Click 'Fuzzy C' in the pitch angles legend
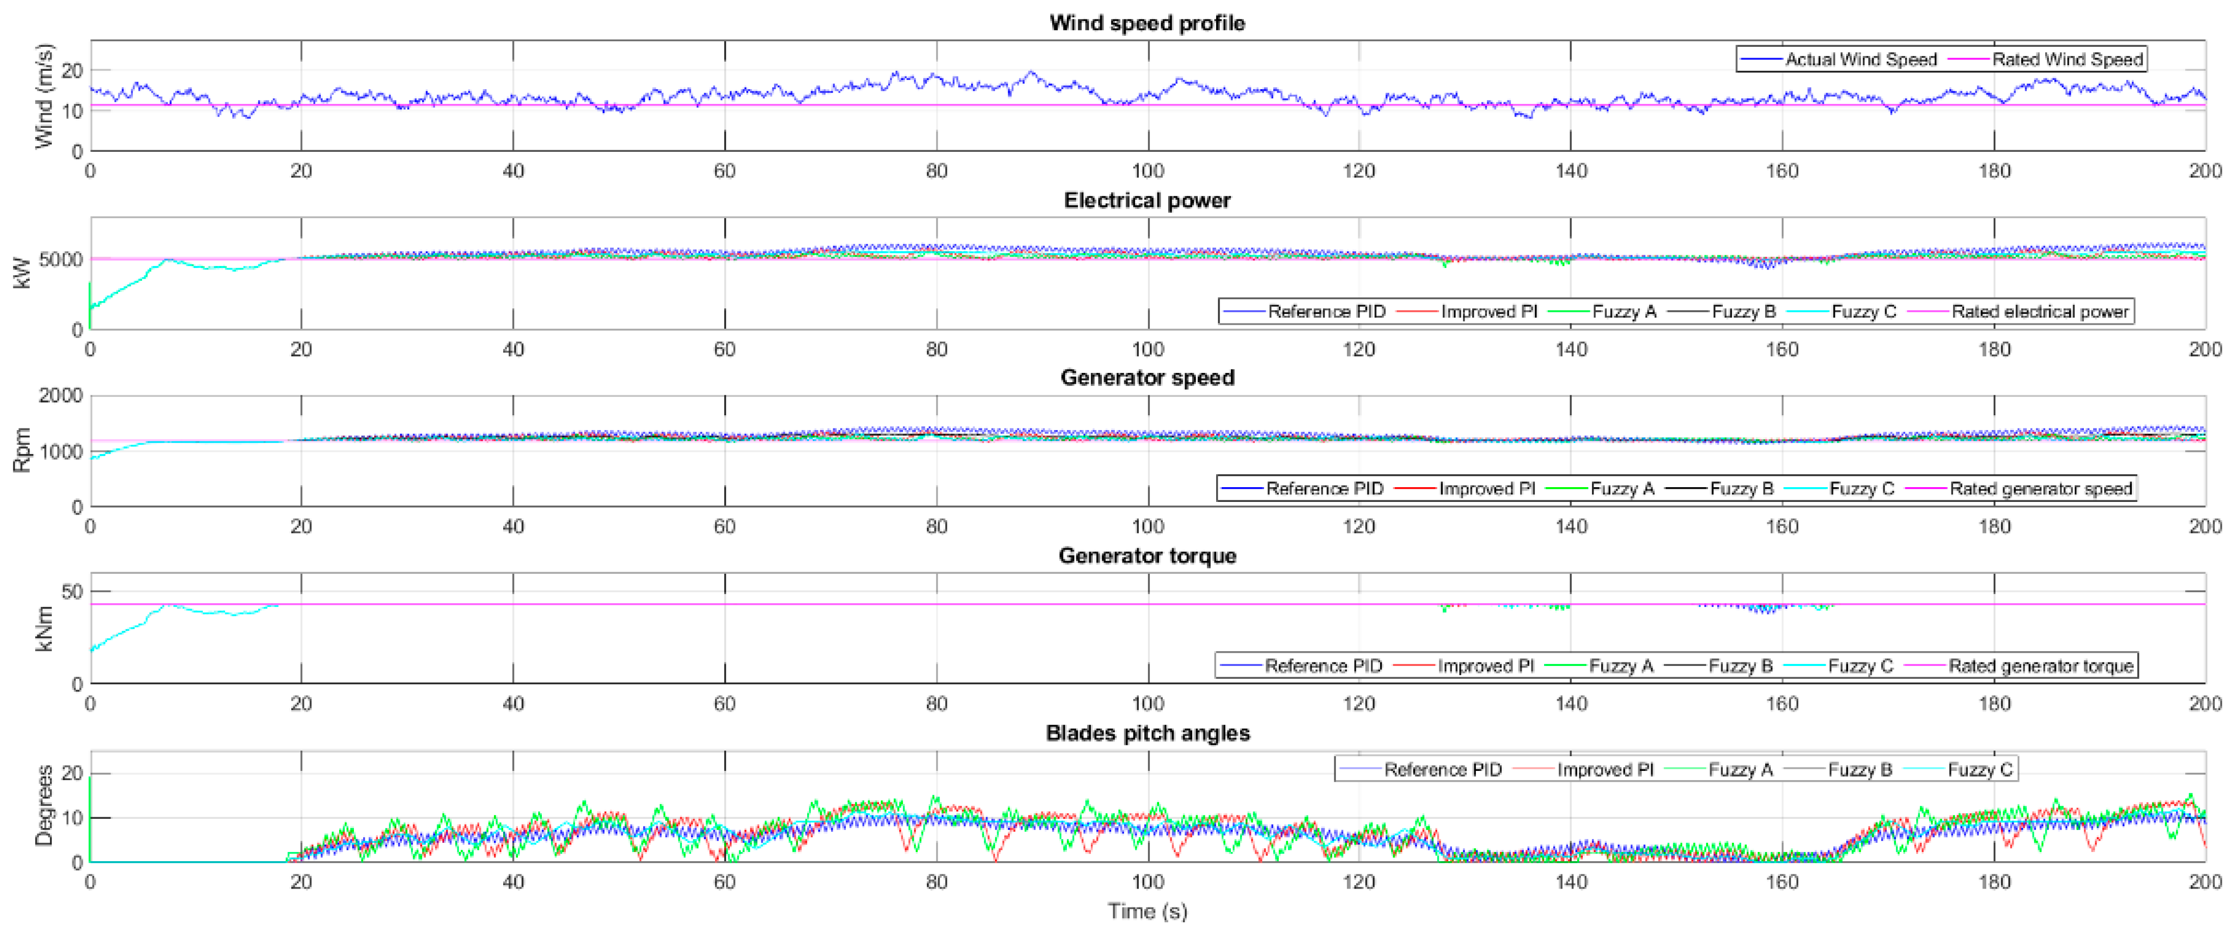click(x=1979, y=770)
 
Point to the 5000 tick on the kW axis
click(x=61, y=259)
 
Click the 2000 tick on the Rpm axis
click(x=61, y=396)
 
